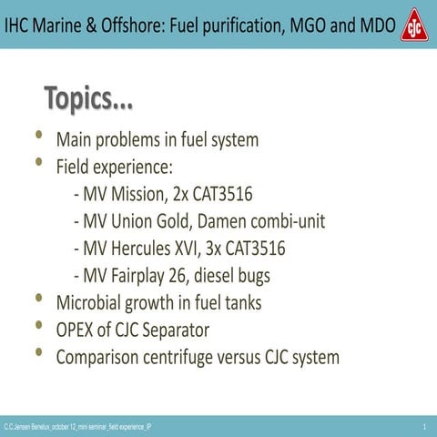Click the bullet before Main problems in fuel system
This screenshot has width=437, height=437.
pyautogui.click(x=38, y=137)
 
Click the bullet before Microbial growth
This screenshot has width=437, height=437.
pyautogui.click(x=38, y=300)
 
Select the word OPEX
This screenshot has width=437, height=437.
pyautogui.click(x=77, y=330)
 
